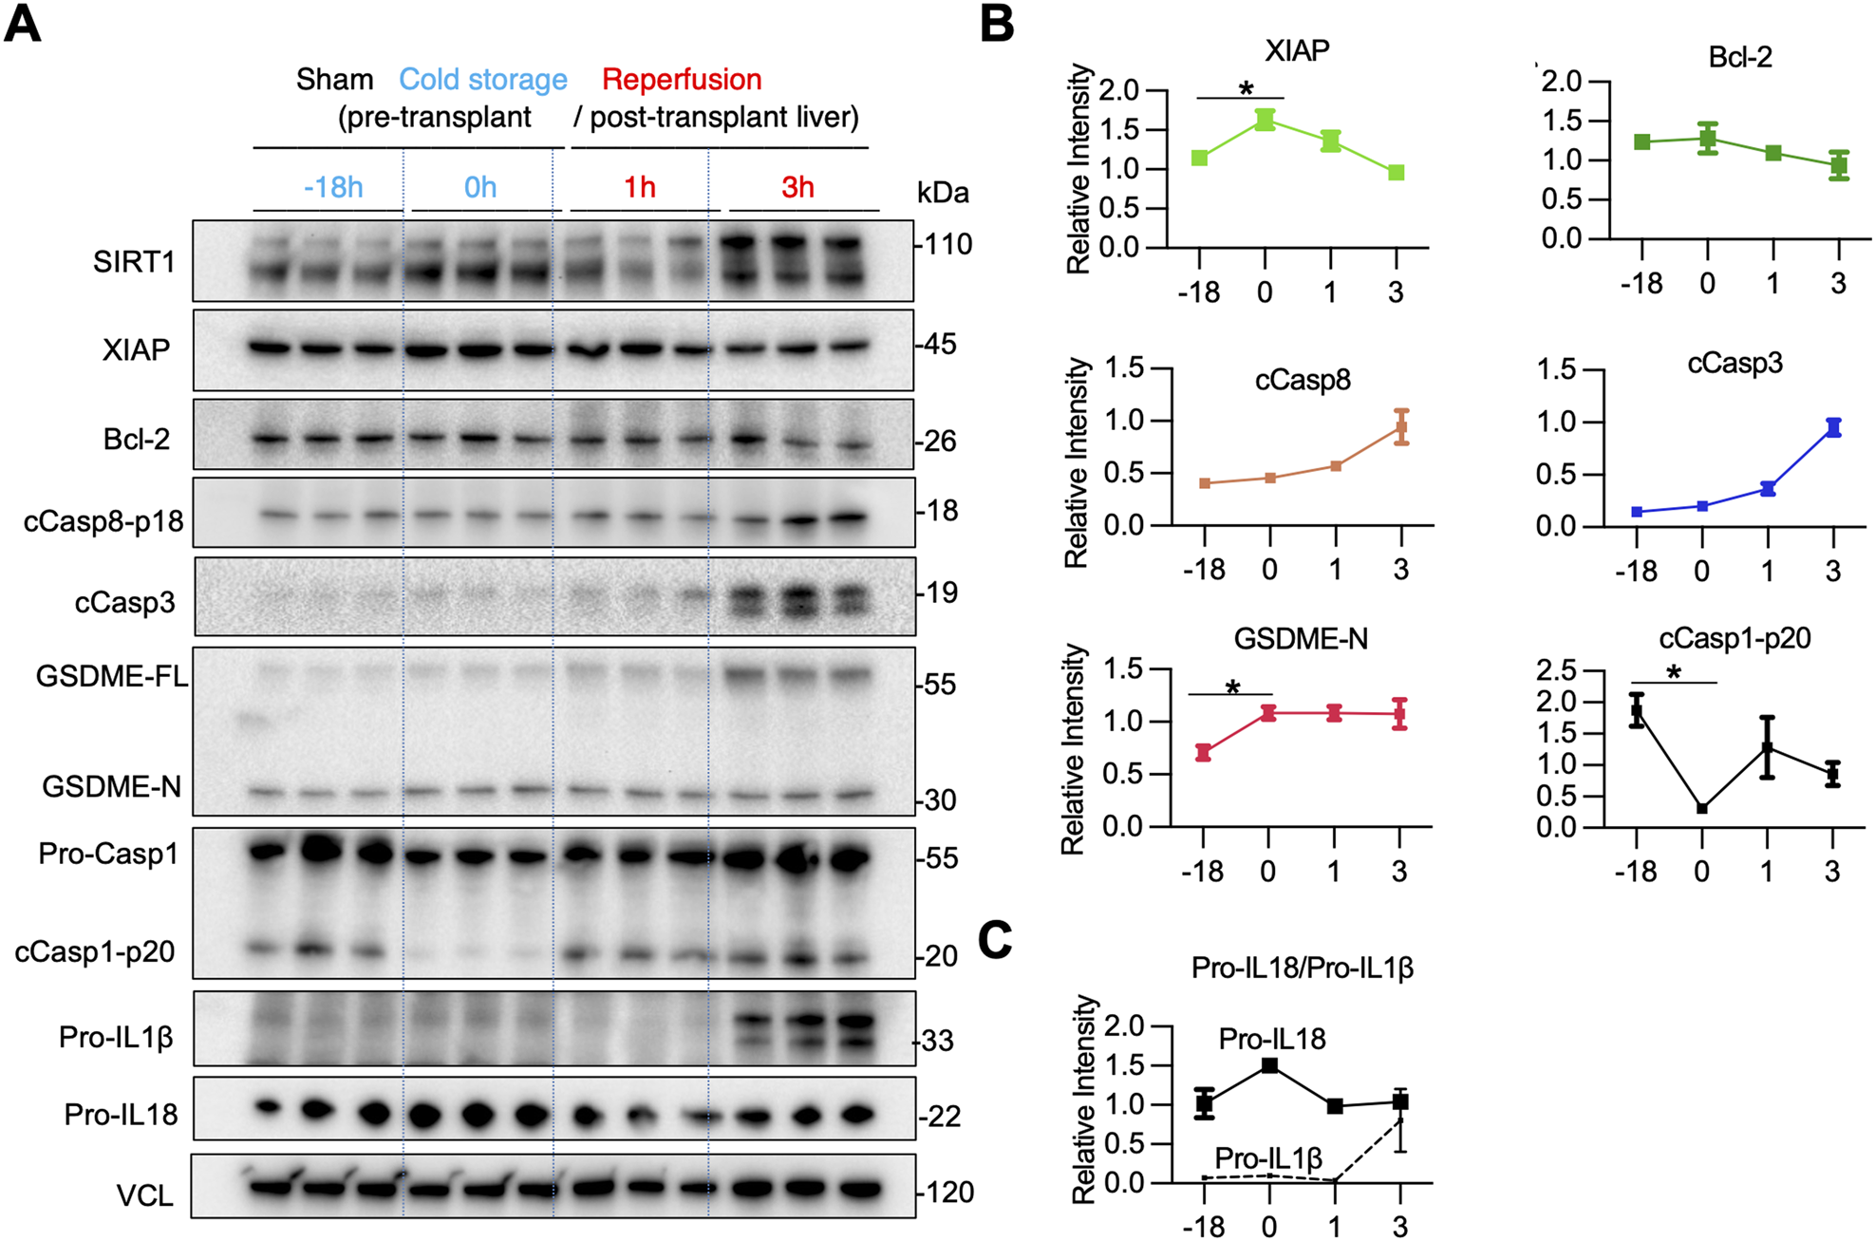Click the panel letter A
click(23, 24)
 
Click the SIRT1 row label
click(134, 261)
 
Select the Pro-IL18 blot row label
click(121, 1114)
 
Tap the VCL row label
click(144, 1194)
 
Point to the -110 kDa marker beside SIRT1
click(946, 245)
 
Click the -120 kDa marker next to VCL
click(947, 1192)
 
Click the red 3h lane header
click(797, 187)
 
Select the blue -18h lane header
click(332, 187)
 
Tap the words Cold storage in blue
click(482, 80)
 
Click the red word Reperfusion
click(682, 80)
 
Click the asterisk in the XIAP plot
click(1246, 88)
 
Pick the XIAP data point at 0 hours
click(1265, 120)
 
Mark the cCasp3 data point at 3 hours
click(1833, 427)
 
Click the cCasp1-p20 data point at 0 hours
click(1702, 809)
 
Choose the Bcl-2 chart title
click(1739, 57)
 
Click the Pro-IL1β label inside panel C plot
click(1268, 1158)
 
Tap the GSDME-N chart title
click(1300, 639)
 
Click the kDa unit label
click(942, 193)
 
